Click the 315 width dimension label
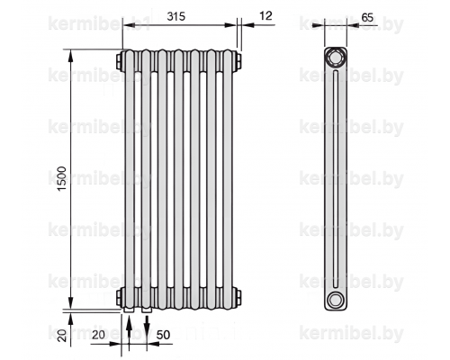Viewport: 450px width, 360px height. (x=176, y=16)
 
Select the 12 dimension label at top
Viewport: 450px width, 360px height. (x=265, y=15)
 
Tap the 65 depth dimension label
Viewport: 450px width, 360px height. (x=367, y=18)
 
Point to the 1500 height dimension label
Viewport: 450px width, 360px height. (x=61, y=179)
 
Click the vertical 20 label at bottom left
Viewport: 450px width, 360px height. (x=62, y=335)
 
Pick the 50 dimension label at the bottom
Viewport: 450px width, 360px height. (x=163, y=335)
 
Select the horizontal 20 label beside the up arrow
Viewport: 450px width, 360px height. (x=98, y=335)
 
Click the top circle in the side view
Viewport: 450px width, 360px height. (x=336, y=58)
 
